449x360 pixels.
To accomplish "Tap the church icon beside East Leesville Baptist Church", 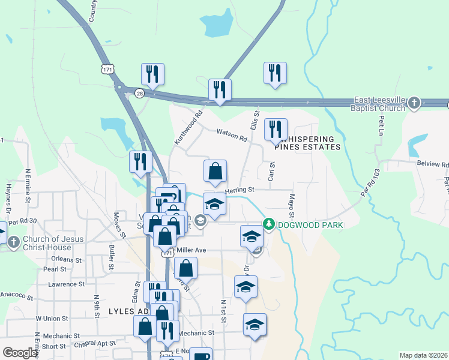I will tap(414, 104).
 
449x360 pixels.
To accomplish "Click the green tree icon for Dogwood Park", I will tap(270, 224).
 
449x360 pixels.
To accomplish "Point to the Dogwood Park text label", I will tap(310, 225).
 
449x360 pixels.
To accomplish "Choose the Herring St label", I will tap(240, 190).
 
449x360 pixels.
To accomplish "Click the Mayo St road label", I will tap(292, 206).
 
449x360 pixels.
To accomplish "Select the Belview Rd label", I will tap(432, 164).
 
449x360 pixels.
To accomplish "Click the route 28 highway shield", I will tap(139, 94).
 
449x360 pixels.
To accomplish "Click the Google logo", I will tap(20, 353).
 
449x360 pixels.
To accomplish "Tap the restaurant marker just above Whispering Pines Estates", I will tap(276, 129).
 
